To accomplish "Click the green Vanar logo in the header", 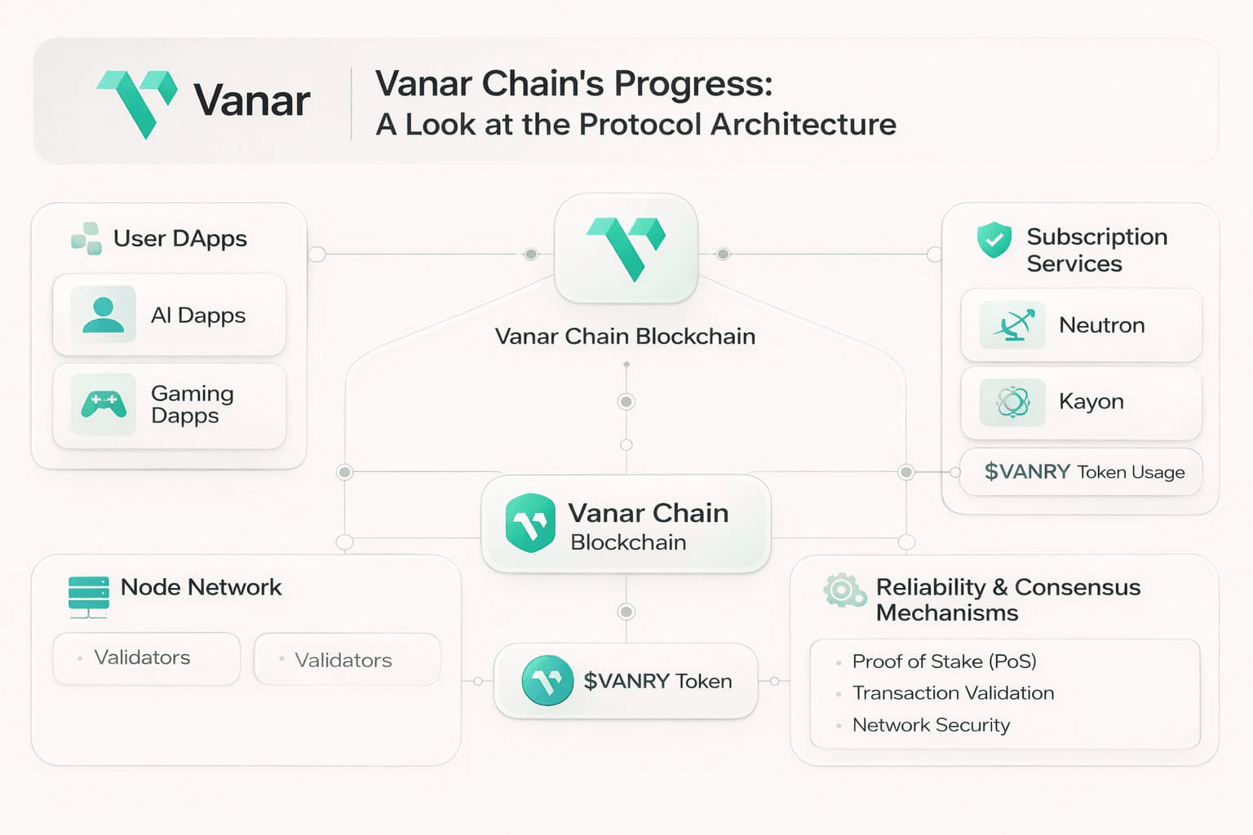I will pos(136,103).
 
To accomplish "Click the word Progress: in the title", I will pos(693,84).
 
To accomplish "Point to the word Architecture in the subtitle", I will pos(804,125).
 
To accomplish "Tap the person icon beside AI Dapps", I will pos(103,315).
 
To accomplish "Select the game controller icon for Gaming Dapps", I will pos(103,404).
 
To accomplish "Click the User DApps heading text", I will pos(179,239).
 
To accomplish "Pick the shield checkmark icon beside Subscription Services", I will pos(994,241).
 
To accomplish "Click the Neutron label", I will pos(1101,325).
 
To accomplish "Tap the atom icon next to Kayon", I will pos(1012,402).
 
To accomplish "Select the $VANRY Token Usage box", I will pos(1081,472).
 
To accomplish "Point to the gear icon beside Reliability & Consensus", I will pos(843,590).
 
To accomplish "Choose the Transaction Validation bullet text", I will pos(953,693).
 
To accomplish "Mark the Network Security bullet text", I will pos(931,725).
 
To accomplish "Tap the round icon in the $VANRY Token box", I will pos(547,681).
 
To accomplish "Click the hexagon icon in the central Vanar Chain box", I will pos(530,524).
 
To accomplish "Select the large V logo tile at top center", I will pos(626,249).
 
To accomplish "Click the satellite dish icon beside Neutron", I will pos(1012,325).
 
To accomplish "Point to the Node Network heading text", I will pos(201,587).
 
